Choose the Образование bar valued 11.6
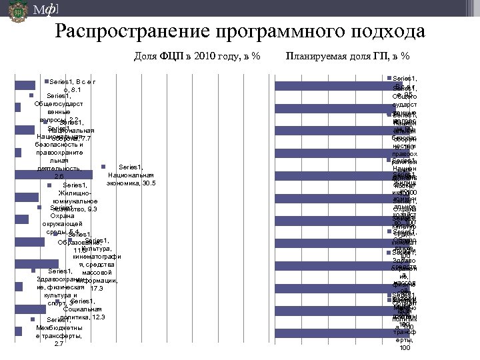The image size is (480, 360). (x=29, y=242)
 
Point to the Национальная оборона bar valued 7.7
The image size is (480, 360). (x=25, y=130)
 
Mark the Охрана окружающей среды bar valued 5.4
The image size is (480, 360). (x=22, y=220)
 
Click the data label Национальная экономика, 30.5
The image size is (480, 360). (x=130, y=175)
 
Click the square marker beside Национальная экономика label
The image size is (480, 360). (x=103, y=166)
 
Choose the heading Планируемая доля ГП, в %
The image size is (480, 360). (x=347, y=55)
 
